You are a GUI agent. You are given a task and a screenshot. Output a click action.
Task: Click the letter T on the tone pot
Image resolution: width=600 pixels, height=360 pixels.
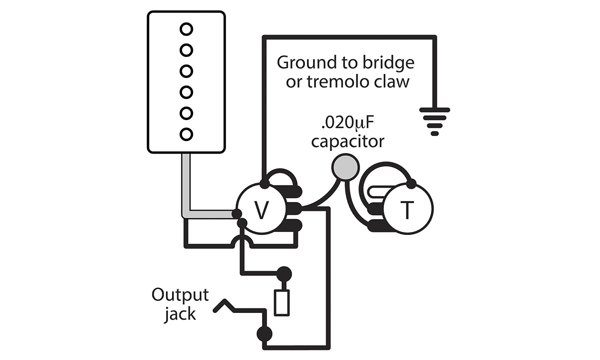(407, 211)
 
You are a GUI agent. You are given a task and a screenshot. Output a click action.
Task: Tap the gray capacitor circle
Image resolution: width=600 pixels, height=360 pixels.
(345, 166)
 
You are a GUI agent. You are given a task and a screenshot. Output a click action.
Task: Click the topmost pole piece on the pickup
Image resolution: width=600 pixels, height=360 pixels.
(186, 29)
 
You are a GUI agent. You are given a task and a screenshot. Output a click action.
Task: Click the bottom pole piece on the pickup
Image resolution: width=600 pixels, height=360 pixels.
(186, 134)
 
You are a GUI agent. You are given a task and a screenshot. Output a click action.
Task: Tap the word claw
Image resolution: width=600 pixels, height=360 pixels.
(389, 81)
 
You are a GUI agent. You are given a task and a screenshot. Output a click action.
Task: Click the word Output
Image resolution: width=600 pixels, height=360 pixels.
(180, 295)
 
